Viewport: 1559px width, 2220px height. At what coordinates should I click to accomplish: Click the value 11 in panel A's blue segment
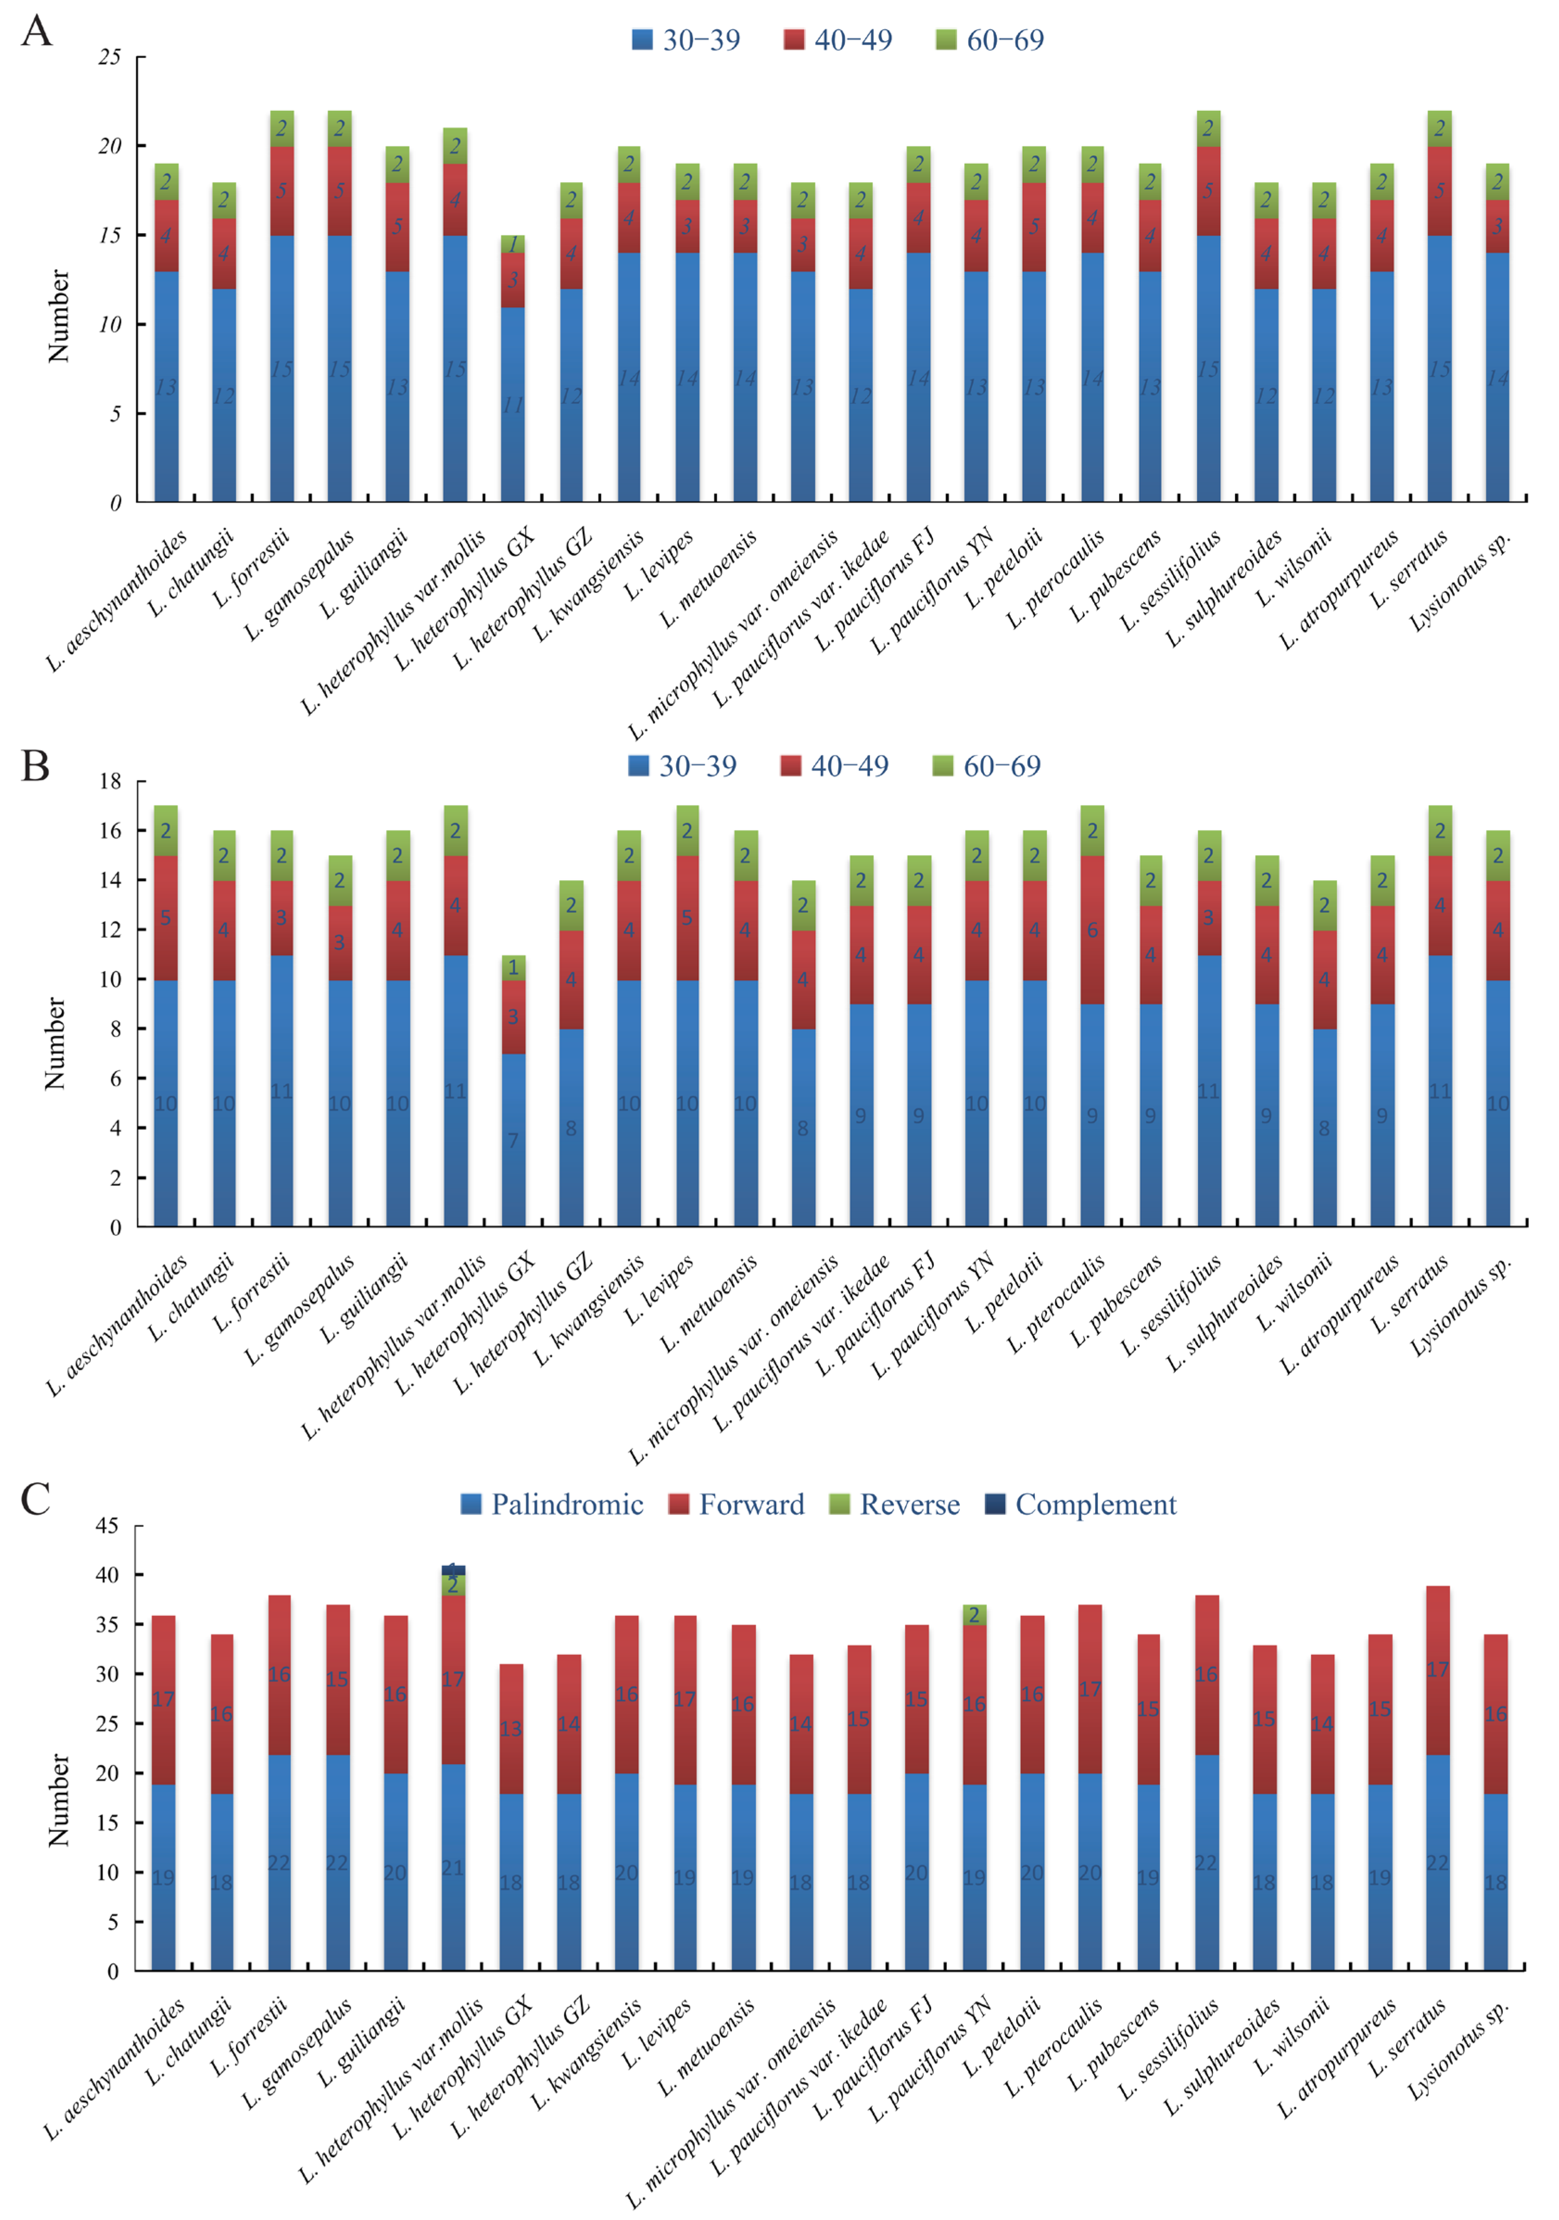pos(513,405)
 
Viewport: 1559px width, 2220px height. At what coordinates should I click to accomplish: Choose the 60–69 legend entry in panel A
pos(990,40)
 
